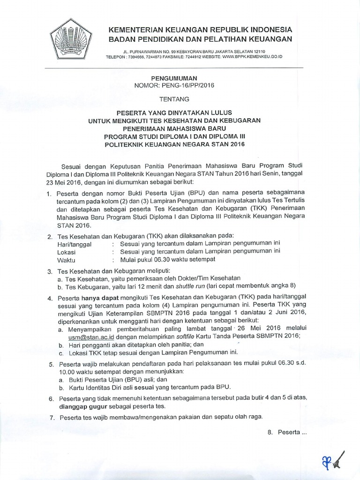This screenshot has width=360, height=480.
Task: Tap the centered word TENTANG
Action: click(x=173, y=99)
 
